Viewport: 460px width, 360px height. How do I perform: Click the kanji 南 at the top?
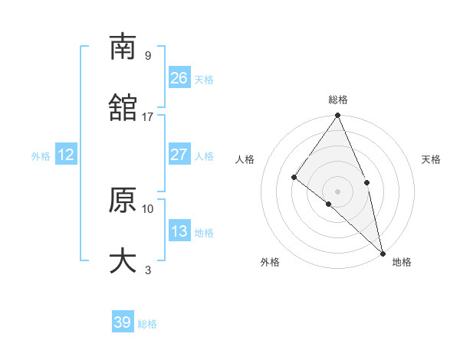click(x=123, y=47)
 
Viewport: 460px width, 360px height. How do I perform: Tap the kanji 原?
click(x=123, y=200)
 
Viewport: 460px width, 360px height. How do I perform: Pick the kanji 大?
click(x=123, y=261)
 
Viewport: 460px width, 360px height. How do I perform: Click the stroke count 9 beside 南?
click(x=148, y=55)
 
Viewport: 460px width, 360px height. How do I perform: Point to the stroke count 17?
click(x=148, y=116)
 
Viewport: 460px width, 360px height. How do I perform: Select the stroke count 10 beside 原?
click(x=148, y=208)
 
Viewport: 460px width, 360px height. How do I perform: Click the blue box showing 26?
click(x=179, y=78)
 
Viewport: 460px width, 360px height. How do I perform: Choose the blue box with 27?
click(x=179, y=155)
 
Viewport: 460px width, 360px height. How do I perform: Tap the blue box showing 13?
click(x=179, y=231)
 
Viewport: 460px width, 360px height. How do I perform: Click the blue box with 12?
click(x=66, y=155)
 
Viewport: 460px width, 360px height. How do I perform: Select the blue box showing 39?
click(x=123, y=322)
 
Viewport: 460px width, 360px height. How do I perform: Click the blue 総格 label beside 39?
click(x=148, y=324)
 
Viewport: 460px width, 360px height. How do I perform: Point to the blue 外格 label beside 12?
click(x=41, y=156)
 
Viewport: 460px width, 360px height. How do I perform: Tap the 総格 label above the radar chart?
click(x=338, y=100)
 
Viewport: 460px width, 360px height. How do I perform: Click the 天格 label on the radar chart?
click(x=432, y=159)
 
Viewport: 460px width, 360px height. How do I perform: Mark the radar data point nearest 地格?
click(x=383, y=252)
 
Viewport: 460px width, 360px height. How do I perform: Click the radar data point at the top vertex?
click(x=337, y=116)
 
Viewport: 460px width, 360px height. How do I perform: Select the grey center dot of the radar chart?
click(x=337, y=191)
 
